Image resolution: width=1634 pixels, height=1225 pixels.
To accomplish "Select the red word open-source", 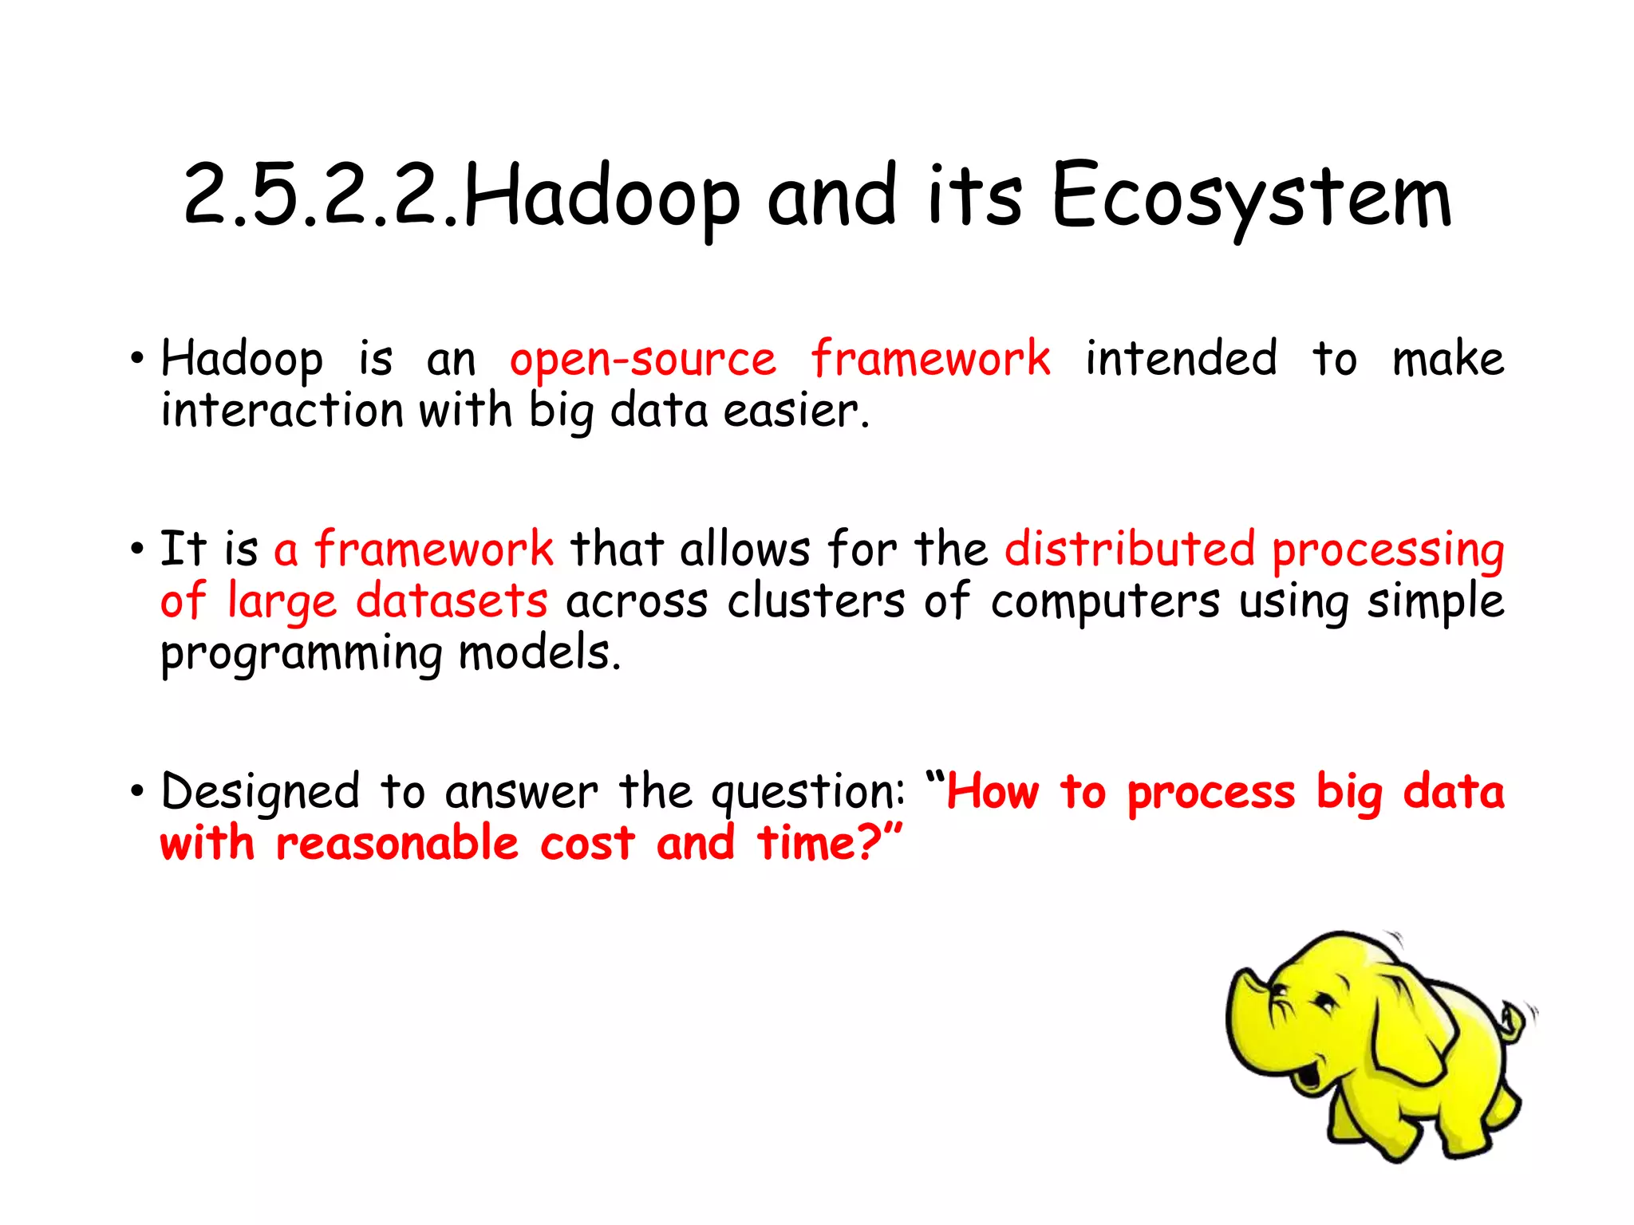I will (x=642, y=360).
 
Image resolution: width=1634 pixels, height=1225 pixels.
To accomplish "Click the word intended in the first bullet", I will (x=1181, y=358).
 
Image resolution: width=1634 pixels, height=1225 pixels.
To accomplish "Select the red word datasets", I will (x=452, y=601).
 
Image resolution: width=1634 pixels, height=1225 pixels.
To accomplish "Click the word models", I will (x=539, y=652).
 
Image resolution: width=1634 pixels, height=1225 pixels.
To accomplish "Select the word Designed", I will (x=260, y=793).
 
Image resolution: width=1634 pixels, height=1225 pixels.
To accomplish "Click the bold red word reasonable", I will (x=397, y=844).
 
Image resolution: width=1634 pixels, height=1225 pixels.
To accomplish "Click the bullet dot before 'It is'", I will (x=138, y=549).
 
